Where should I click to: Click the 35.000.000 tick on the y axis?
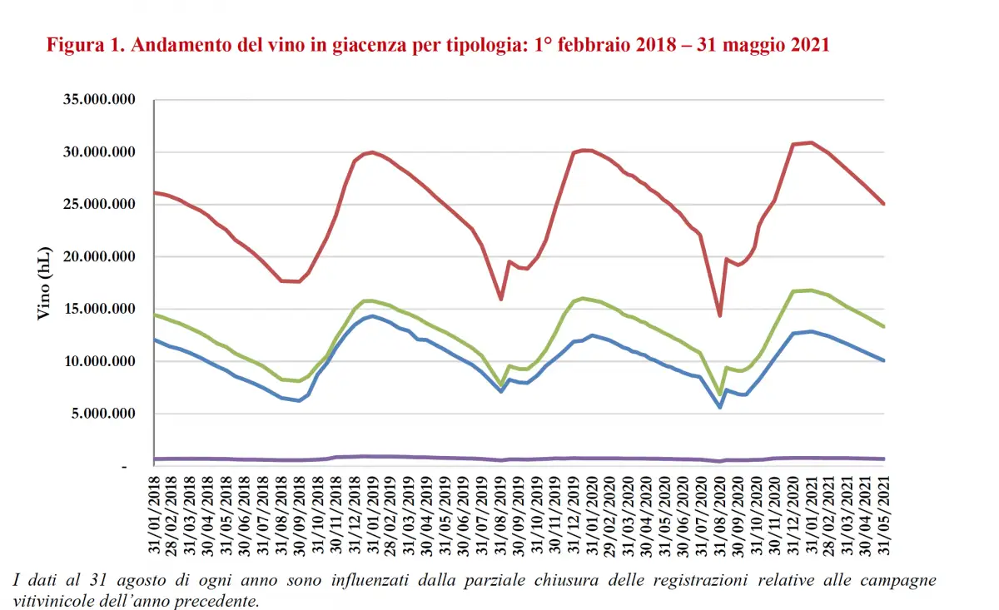pyautogui.click(x=100, y=100)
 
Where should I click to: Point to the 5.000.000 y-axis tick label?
pyautogui.click(x=100, y=414)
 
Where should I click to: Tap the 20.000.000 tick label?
pyautogui.click(x=100, y=257)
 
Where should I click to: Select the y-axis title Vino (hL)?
pyautogui.click(x=43, y=284)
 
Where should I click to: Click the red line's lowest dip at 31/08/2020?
pyautogui.click(x=720, y=315)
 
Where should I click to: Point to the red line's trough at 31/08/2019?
pyautogui.click(x=501, y=300)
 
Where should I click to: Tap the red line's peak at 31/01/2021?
pyautogui.click(x=812, y=142)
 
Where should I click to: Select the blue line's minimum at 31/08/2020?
pyautogui.click(x=720, y=407)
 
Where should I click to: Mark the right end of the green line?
pyautogui.click(x=883, y=327)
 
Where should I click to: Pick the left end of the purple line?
pyautogui.click(x=156, y=459)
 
